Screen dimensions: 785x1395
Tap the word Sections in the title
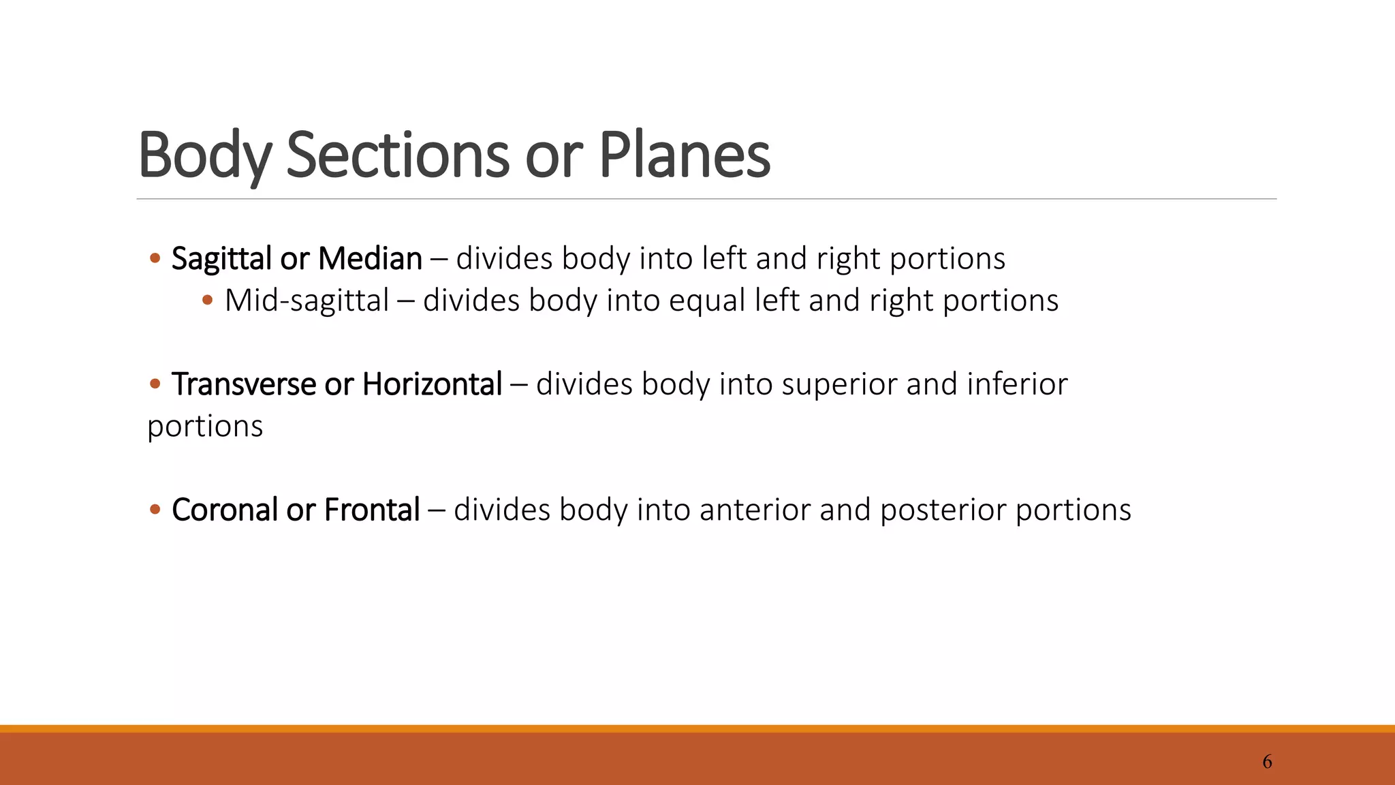tap(398, 155)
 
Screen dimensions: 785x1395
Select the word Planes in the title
tap(684, 155)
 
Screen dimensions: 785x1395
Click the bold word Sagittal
tap(221, 259)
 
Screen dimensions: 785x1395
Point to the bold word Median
tap(370, 259)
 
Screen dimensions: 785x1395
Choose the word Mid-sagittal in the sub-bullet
tap(307, 301)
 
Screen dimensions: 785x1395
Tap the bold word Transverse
tap(244, 384)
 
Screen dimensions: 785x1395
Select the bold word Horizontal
tap(432, 384)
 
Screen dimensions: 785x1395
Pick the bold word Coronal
tap(225, 510)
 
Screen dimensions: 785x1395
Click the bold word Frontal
tap(372, 510)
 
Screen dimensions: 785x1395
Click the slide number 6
tap(1267, 762)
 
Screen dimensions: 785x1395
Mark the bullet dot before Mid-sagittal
tap(208, 301)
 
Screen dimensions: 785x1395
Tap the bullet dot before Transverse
tap(155, 384)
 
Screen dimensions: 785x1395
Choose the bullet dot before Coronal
tap(155, 510)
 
